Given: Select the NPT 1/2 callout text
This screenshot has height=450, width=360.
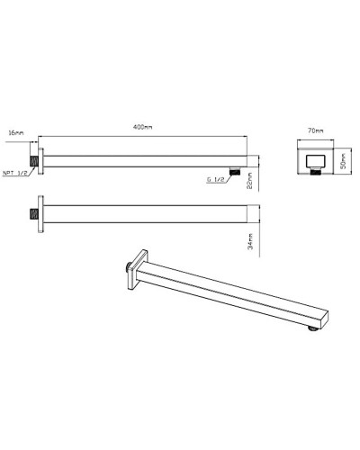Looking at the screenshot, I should click(x=15, y=174).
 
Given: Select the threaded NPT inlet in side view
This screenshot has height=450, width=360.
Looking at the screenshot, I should click(x=32, y=160).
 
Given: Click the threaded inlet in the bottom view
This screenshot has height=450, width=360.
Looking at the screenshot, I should click(x=32, y=215).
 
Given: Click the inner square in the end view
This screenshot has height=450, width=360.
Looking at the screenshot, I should click(x=315, y=160).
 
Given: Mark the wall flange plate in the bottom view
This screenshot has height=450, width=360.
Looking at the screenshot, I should click(x=39, y=215).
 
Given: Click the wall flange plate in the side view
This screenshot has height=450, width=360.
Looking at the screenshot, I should click(x=39, y=160).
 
